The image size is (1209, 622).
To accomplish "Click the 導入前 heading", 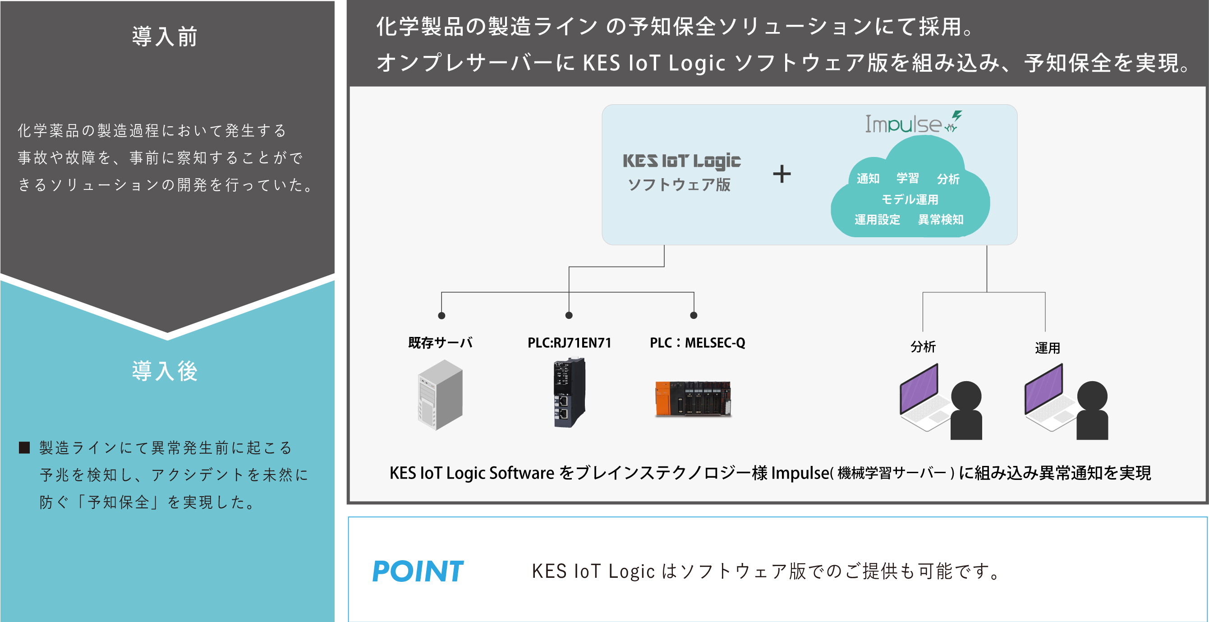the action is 165,37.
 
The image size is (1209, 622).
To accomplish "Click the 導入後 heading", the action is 165,371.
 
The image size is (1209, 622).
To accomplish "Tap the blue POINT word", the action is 417,571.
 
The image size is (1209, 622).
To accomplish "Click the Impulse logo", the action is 913,123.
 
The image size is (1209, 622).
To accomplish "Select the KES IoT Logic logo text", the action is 681,161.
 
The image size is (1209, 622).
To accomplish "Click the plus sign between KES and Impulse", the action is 782,174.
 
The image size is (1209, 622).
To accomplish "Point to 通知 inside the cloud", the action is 868,178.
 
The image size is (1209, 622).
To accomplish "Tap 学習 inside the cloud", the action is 907,178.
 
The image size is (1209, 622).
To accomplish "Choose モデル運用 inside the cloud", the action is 910,199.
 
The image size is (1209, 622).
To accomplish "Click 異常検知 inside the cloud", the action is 941,219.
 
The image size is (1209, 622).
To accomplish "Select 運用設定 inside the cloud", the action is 877,219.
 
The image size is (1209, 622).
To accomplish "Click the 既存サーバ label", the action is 440,343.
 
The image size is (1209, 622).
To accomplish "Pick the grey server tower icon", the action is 440,394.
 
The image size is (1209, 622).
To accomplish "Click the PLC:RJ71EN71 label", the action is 569,343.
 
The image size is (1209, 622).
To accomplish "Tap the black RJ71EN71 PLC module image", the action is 569,392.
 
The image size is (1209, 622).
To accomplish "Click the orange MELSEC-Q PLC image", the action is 693,399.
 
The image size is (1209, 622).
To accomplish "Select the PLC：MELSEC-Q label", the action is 698,343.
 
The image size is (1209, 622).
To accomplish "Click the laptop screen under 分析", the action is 919,388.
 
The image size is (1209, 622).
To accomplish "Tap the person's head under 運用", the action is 1092,396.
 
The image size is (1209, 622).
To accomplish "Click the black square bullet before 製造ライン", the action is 24,447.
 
